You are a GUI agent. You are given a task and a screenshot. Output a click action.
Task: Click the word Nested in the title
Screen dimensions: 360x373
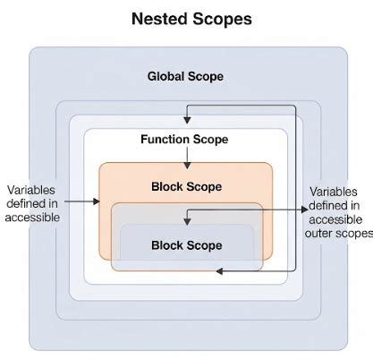point(158,18)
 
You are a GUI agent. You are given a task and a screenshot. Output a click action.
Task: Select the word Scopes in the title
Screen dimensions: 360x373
point(220,18)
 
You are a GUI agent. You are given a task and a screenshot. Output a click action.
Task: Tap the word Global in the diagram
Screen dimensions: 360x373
point(166,76)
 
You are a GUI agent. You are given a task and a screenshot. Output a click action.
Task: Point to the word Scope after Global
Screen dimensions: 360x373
point(207,76)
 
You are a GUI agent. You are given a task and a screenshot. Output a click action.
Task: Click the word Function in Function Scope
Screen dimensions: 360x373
point(165,140)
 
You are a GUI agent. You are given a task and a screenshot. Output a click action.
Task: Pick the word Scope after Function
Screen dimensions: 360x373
point(212,140)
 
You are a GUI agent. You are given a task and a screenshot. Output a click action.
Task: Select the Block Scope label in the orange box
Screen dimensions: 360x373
point(186,186)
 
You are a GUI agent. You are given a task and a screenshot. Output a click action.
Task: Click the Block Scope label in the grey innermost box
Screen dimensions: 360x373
point(186,244)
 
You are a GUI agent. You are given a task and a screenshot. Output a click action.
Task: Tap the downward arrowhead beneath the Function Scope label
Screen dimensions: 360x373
point(186,163)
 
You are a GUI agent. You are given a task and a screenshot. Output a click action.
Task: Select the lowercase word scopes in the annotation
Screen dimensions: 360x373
point(352,235)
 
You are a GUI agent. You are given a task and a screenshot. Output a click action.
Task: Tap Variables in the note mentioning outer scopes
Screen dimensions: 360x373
point(334,192)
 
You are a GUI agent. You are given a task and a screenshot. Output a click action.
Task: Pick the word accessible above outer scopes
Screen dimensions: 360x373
point(334,220)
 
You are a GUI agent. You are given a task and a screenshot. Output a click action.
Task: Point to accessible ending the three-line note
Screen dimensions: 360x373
point(32,218)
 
